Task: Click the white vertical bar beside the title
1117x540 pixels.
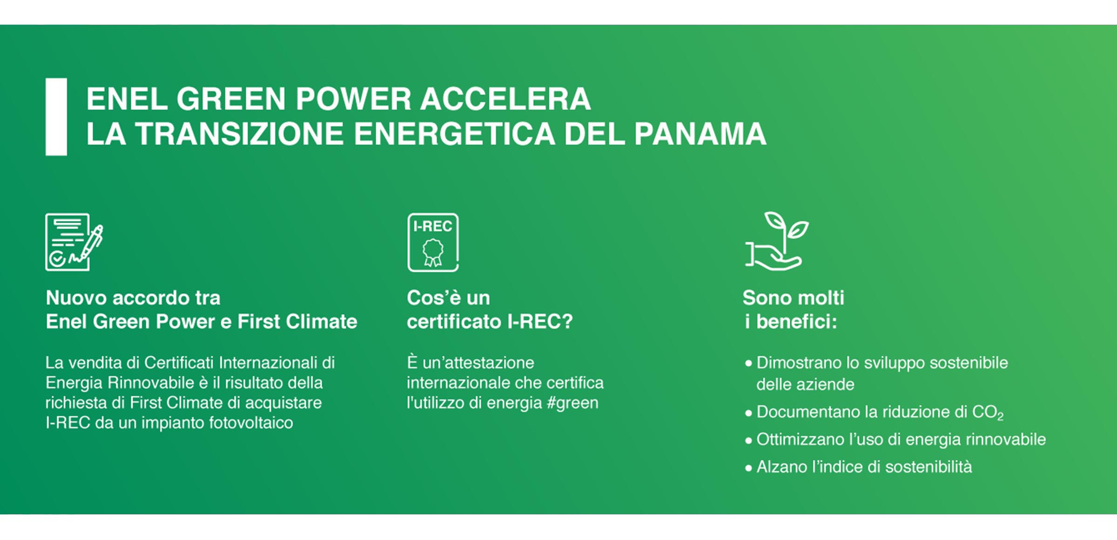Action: pos(56,116)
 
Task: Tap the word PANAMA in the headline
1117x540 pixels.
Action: pos(700,134)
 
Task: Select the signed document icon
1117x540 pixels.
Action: pos(74,242)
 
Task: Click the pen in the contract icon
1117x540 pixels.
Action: pos(92,242)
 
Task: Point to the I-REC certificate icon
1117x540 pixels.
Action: pos(433,242)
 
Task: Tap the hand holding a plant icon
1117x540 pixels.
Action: pos(776,241)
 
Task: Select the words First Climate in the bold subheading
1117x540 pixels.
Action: pos(297,322)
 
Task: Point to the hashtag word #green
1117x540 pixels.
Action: pos(572,403)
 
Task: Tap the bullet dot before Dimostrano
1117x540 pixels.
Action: pos(748,364)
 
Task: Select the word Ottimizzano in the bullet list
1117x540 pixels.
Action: pos(800,439)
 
